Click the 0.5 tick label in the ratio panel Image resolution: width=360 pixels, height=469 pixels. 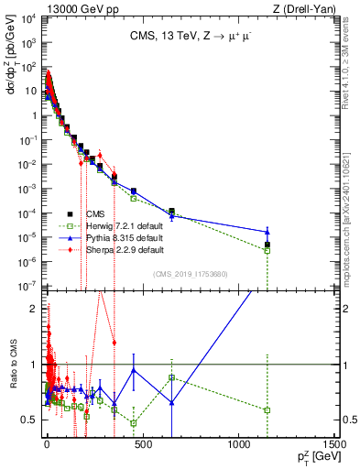coord(29,420)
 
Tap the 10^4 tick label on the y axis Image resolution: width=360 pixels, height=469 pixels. coord(27,19)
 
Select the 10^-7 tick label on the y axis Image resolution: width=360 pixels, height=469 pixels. coord(27,287)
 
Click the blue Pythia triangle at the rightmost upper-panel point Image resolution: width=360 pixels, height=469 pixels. coord(267,232)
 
